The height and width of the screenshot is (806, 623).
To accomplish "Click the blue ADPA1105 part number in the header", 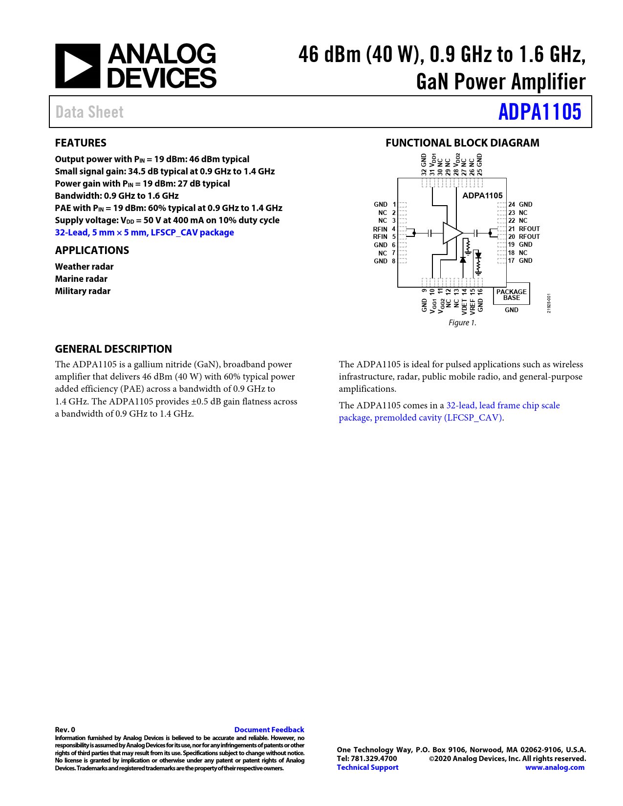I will coord(539,112).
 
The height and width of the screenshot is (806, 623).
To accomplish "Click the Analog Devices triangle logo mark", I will coord(78,66).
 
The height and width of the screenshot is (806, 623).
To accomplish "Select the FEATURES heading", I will coord(81,143).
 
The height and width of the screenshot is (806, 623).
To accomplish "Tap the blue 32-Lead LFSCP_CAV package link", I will coord(144,233).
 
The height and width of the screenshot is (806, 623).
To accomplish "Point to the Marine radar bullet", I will coord(81,279).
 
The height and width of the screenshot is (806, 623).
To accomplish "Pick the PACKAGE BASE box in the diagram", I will coord(511,295).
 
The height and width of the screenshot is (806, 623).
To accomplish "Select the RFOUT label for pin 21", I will coord(529,229).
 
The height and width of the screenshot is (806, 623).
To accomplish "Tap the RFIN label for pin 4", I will coord(380,229).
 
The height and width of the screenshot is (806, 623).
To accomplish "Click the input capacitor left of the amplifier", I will coord(430,233).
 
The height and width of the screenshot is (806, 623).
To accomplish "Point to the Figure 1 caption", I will coord(462,322).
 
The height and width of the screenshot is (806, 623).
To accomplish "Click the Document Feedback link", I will coord(269,730).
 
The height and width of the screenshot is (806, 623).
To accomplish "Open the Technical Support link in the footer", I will coord(367,767).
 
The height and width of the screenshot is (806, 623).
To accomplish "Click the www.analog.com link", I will coord(555,767).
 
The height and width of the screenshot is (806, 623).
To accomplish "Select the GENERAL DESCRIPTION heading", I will coord(113,349).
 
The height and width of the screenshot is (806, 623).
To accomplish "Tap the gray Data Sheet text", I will coord(89,112).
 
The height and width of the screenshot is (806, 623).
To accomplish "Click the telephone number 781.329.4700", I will coord(374,759).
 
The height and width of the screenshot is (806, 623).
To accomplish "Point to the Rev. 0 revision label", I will coord(65,730).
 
